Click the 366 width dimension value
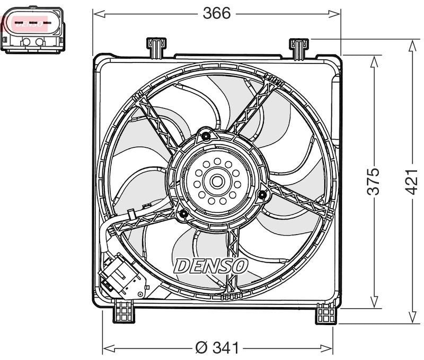(x=217, y=13)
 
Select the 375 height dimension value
(x=374, y=182)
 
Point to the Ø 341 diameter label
(x=217, y=348)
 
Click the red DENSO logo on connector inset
(x=30, y=23)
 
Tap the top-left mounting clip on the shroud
(x=156, y=47)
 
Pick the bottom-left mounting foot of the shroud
(x=125, y=311)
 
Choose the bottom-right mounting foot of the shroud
(x=325, y=314)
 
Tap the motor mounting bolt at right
(x=261, y=195)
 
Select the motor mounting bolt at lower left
(x=183, y=214)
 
